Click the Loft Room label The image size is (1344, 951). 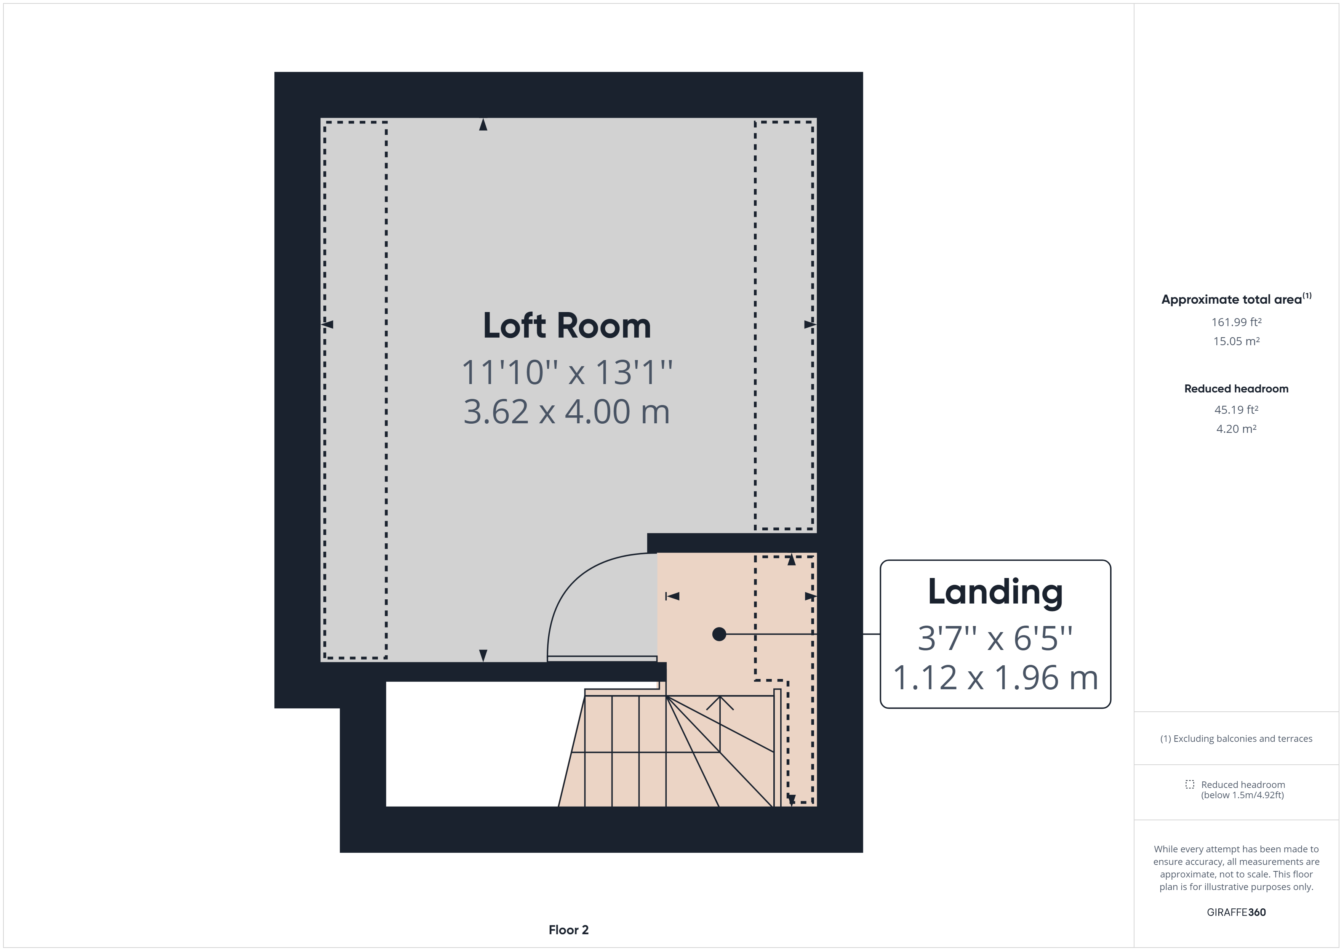click(566, 326)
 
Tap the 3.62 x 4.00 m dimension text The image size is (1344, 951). click(566, 411)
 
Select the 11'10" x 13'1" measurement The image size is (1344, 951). click(566, 372)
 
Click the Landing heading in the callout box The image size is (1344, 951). click(995, 592)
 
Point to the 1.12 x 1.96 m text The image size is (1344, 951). click(995, 677)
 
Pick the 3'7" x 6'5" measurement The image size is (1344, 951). click(995, 638)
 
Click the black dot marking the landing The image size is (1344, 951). click(719, 634)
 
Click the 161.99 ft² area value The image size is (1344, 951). click(1236, 322)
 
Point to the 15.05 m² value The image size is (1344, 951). click(1236, 341)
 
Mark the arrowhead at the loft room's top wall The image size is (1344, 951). click(483, 125)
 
